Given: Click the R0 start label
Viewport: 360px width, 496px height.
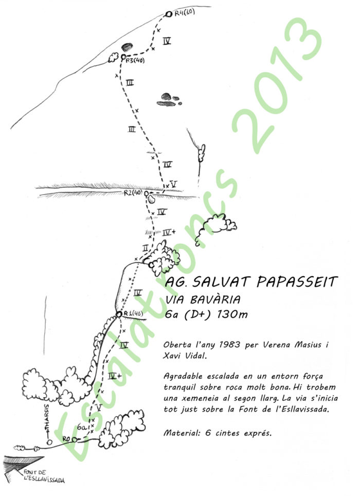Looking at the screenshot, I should [x=65, y=439].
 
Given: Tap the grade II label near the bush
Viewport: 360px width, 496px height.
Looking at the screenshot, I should [x=146, y=248].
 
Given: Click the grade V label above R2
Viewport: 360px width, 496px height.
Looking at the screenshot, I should [x=174, y=183].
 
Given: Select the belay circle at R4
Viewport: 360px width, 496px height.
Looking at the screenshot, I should [x=169, y=14].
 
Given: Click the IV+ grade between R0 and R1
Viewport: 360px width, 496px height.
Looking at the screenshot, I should [x=116, y=376].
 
